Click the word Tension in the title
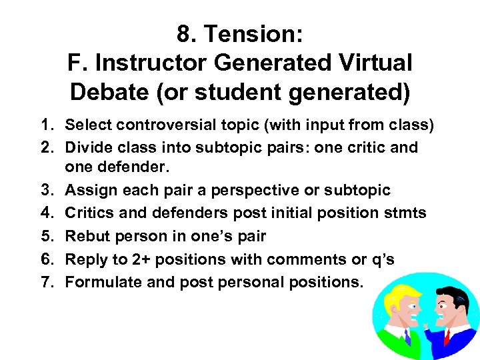249,33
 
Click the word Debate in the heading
109,92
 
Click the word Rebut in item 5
88,236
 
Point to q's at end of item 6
381,259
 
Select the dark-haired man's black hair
457,297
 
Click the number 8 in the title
184,33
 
